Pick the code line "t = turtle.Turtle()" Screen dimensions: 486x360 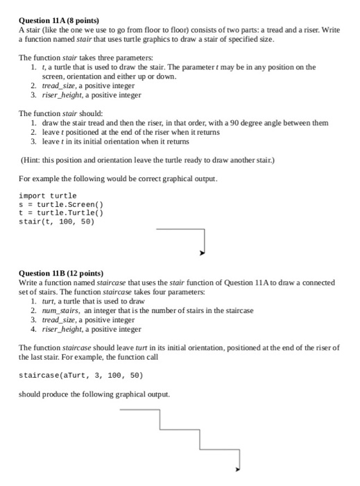[60, 213]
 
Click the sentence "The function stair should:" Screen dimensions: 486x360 [60, 113]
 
